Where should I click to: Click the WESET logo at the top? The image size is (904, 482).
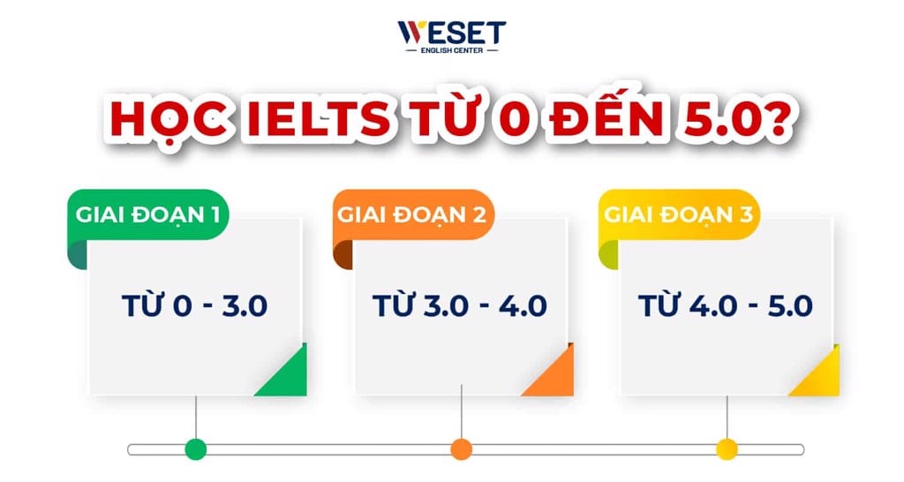[x=451, y=33]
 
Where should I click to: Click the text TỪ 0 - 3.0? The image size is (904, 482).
[x=194, y=306]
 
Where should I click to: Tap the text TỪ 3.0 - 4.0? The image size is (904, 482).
[x=460, y=306]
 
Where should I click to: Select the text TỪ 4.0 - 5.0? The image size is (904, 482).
[x=725, y=306]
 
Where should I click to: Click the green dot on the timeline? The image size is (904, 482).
[x=196, y=449]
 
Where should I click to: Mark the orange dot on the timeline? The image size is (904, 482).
[x=461, y=449]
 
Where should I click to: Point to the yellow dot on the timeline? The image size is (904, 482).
[x=727, y=449]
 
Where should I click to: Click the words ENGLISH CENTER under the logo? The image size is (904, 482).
[x=451, y=50]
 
